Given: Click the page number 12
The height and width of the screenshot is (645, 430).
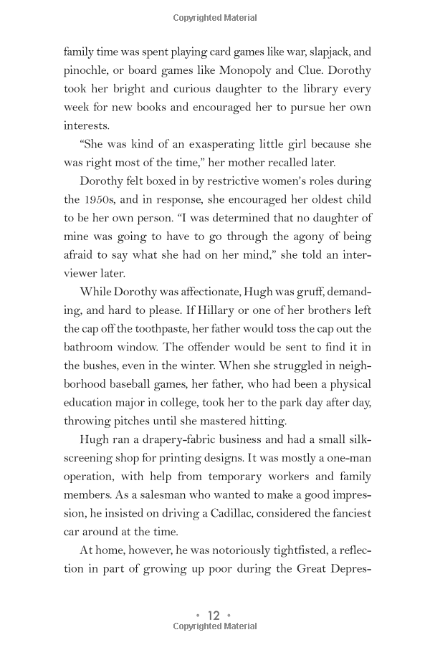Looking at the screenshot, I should coord(214,616).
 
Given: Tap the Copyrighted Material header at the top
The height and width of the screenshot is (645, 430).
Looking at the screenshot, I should coord(214,18).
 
